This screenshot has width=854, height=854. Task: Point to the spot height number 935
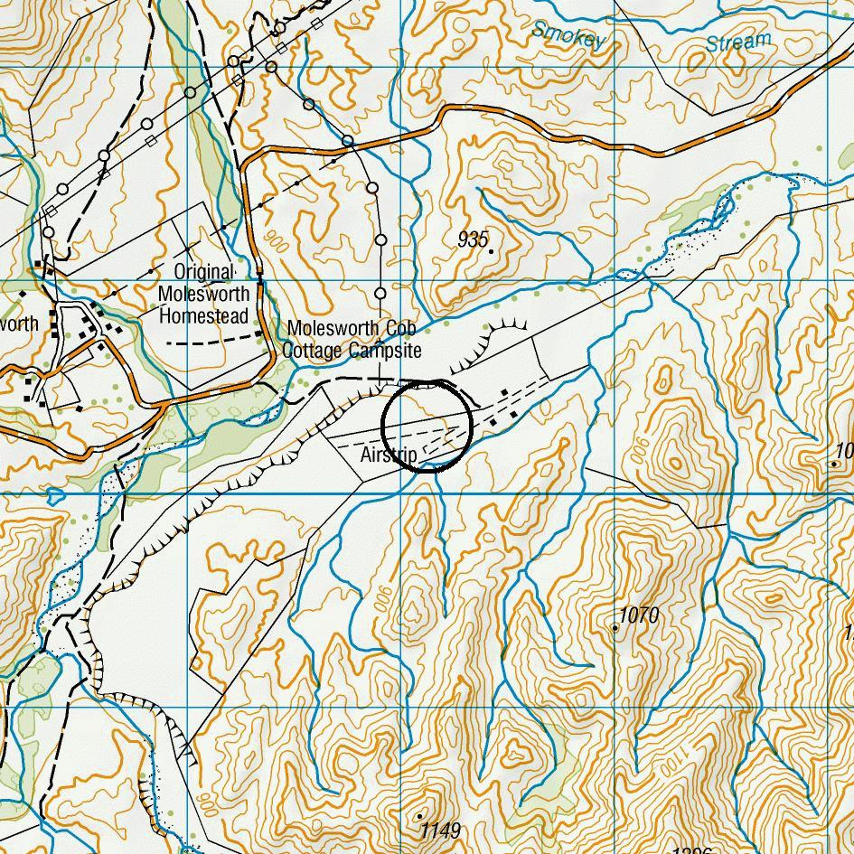coord(473,239)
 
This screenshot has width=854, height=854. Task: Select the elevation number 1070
coord(640,615)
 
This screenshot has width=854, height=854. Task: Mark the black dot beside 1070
coord(615,627)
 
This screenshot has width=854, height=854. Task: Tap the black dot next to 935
coord(492,251)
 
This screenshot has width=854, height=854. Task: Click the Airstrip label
coord(389,455)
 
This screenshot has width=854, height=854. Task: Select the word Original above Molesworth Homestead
coord(203,272)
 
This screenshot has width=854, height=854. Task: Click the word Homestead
coord(202,317)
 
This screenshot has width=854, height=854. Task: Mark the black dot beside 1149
coord(419,816)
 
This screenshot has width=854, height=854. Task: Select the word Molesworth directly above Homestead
coord(202,295)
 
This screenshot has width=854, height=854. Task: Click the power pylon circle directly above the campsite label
coord(380,294)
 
